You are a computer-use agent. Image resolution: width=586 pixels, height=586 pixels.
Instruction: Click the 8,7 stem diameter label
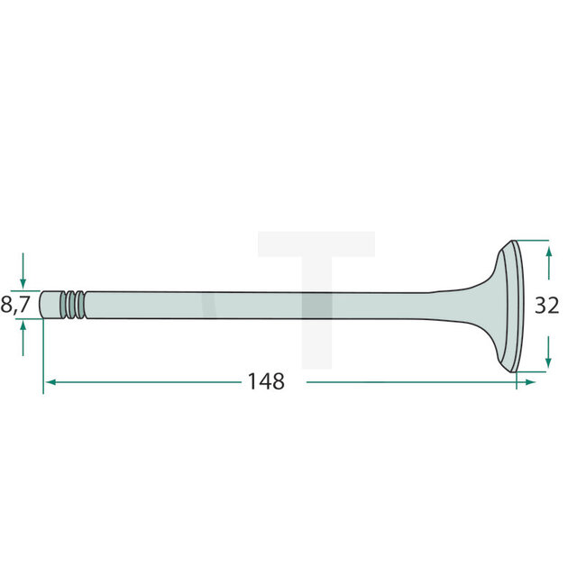(x=15, y=305)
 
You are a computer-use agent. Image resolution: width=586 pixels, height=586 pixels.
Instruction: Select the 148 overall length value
(x=266, y=381)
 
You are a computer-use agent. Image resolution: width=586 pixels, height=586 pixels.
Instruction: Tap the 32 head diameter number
(x=546, y=306)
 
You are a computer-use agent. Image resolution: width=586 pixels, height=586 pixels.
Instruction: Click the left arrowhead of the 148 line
(x=50, y=382)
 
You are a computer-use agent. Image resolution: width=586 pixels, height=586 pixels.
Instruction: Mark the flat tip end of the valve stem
(x=44, y=304)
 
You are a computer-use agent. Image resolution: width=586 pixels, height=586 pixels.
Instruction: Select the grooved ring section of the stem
(x=75, y=304)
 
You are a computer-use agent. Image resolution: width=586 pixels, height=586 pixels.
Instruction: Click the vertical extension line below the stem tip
(x=42, y=361)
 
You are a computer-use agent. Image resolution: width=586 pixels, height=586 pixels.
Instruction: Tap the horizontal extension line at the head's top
(x=532, y=241)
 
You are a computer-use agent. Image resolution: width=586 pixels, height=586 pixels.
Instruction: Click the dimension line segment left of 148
(x=144, y=382)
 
